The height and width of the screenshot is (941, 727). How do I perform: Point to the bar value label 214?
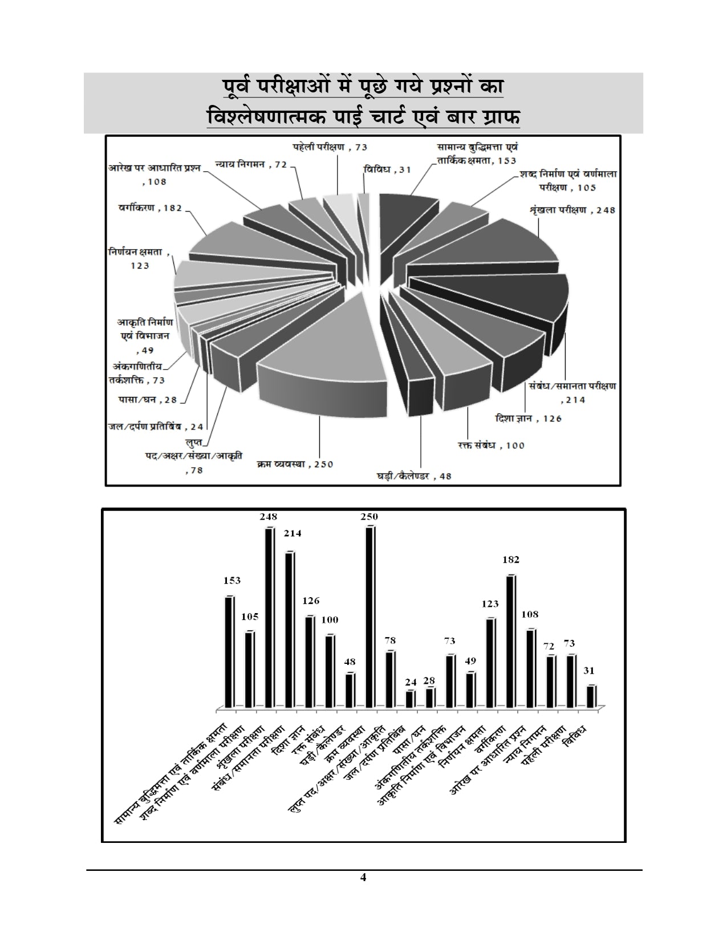(289, 534)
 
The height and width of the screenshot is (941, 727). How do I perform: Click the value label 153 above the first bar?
(231, 581)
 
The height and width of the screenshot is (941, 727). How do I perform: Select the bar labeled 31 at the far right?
(591, 696)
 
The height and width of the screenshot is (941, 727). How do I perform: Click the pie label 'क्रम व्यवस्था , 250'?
(294, 464)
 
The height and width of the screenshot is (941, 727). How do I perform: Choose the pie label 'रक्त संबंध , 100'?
(490, 445)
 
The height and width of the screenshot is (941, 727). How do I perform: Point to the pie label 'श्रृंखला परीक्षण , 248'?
(572, 210)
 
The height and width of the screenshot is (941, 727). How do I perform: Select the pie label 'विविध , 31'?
(387, 169)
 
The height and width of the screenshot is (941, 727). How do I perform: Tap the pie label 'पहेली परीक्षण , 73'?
(330, 147)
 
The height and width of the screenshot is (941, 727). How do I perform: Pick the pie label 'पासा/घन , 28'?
(148, 400)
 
